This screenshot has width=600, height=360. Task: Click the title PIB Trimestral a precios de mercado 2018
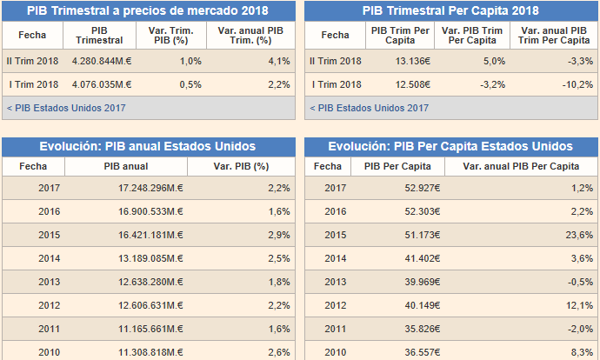click(x=148, y=10)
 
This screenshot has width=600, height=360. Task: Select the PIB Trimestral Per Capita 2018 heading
click(x=450, y=10)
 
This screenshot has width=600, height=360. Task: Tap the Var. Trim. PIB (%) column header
click(x=170, y=35)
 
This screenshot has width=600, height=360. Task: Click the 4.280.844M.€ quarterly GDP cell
click(x=102, y=61)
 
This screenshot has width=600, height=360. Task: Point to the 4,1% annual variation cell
click(x=279, y=61)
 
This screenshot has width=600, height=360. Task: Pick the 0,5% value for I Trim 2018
click(x=190, y=84)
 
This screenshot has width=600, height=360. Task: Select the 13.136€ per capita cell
click(x=413, y=61)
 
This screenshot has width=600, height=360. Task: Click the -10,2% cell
click(x=577, y=84)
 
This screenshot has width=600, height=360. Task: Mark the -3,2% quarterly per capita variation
click(x=493, y=84)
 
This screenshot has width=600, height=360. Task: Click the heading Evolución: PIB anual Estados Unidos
click(x=148, y=146)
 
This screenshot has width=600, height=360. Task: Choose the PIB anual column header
click(x=126, y=166)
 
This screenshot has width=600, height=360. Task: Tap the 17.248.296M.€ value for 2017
click(x=150, y=188)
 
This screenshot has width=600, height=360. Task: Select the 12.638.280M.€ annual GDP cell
click(x=150, y=282)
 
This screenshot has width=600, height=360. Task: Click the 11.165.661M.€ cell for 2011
click(x=150, y=329)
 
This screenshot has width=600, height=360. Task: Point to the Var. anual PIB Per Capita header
click(x=521, y=166)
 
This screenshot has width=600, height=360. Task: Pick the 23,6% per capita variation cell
click(x=579, y=235)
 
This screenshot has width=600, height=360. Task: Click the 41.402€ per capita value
click(x=423, y=258)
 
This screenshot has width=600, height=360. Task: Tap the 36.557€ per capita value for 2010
click(x=423, y=352)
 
